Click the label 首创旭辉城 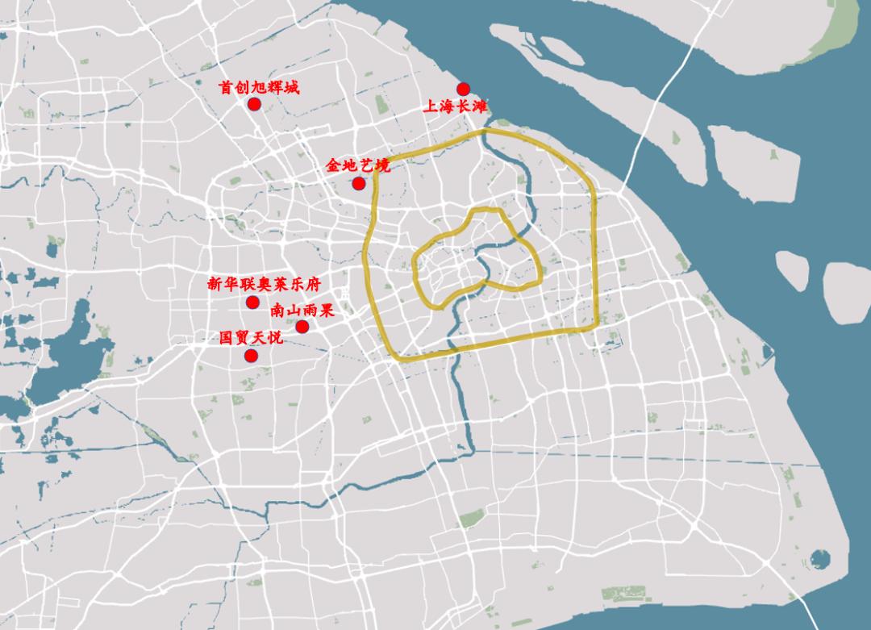click(259, 87)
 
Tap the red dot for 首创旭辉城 click(254, 104)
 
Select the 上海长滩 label click(456, 106)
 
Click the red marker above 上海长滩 click(463, 89)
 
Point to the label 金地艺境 click(357, 165)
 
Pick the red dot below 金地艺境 click(359, 183)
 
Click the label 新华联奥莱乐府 click(264, 284)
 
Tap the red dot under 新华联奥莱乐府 click(252, 302)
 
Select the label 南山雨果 click(302, 310)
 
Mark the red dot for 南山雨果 click(302, 326)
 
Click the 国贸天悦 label click(251, 338)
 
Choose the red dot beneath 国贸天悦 click(251, 356)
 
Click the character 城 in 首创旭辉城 click(291, 87)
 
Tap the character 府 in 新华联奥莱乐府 click(313, 284)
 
